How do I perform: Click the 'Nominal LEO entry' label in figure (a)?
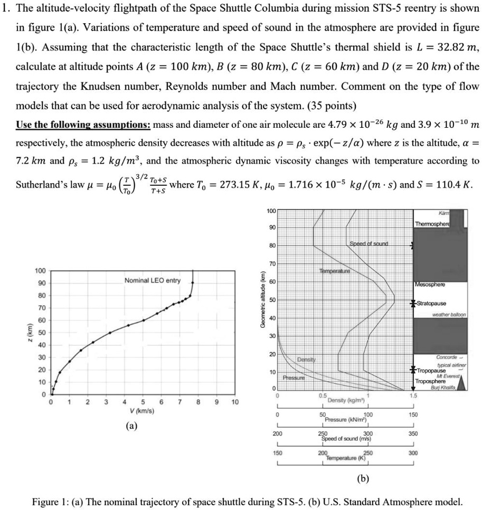click(x=153, y=280)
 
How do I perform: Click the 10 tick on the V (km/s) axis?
click(x=234, y=402)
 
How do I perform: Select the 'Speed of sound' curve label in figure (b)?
click(x=368, y=244)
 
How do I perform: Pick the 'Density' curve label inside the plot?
click(x=306, y=360)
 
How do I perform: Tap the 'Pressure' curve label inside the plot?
click(x=292, y=378)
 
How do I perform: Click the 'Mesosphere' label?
click(x=430, y=284)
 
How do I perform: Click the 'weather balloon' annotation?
click(x=449, y=315)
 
